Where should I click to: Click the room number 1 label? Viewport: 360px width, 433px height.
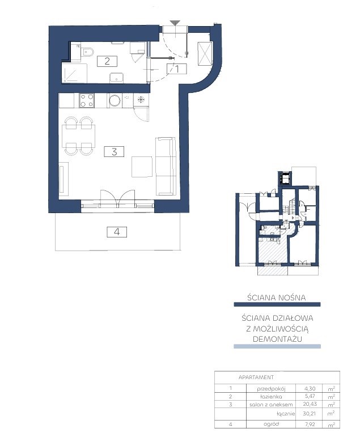pos(177,69)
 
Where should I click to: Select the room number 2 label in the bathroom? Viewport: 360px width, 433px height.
pos(107,61)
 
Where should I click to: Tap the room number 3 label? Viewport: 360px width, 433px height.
pos(114,151)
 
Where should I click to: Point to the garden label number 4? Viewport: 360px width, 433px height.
pos(117,232)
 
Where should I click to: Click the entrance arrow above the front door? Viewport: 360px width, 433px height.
pos(175,23)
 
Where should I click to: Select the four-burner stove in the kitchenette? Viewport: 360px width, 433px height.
pos(87,100)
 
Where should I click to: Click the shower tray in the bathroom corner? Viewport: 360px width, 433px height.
pos(74,73)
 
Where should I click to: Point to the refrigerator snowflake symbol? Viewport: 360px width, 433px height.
pos(141,100)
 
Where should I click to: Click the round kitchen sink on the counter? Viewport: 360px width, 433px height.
pos(115,100)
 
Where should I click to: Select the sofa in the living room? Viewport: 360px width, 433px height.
pos(166,166)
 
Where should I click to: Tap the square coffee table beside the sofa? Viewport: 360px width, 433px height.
pos(142,167)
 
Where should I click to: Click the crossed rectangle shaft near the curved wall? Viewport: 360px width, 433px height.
pos(205,54)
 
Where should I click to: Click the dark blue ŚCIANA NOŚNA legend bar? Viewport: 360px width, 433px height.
pos(277,304)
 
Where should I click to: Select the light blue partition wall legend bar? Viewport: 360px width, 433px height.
pos(277,346)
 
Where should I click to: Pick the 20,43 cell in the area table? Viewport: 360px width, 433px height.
pos(310,404)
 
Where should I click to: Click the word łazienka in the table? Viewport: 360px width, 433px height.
pos(271,397)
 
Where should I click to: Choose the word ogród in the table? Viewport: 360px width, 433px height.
pos(271,424)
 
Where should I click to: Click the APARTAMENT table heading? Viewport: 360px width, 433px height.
pos(256,377)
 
